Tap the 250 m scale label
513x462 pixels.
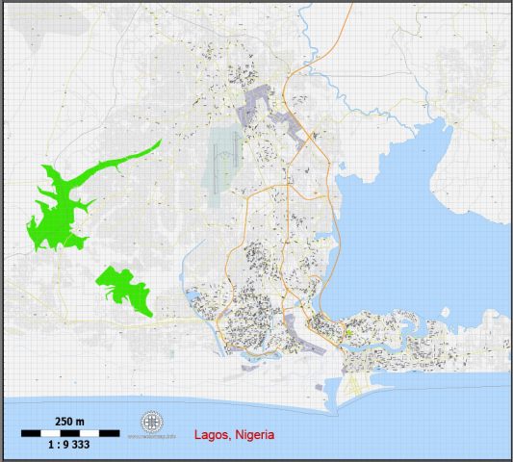pos(69,422)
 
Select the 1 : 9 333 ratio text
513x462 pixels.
pos(69,446)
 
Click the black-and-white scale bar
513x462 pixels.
pos(69,433)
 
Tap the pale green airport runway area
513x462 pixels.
pos(223,154)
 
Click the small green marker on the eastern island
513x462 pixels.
pos(350,333)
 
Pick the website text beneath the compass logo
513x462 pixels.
pos(152,436)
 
